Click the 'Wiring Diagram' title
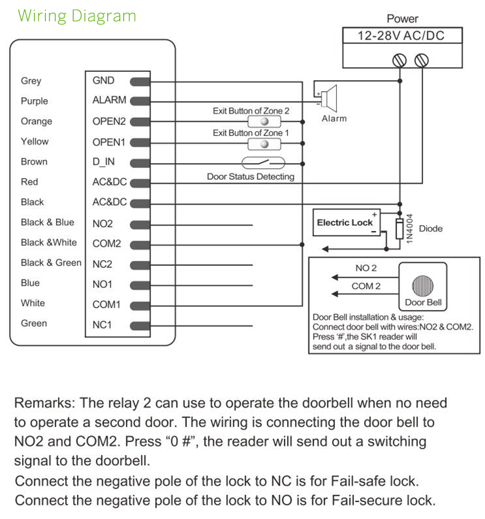(77, 16)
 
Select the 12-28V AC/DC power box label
(402, 36)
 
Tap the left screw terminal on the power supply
(400, 60)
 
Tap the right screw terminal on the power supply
(422, 60)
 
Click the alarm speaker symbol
(329, 98)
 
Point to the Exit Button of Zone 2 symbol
(264, 122)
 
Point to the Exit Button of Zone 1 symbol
(264, 142)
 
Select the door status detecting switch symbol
(263, 162)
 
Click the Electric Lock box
(345, 223)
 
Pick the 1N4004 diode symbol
(400, 228)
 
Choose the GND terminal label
(103, 81)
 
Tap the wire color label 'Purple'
(34, 101)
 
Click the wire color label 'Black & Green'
(51, 263)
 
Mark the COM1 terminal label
(107, 304)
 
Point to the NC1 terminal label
(102, 324)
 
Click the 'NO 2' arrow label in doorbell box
(366, 268)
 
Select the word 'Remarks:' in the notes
(44, 403)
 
